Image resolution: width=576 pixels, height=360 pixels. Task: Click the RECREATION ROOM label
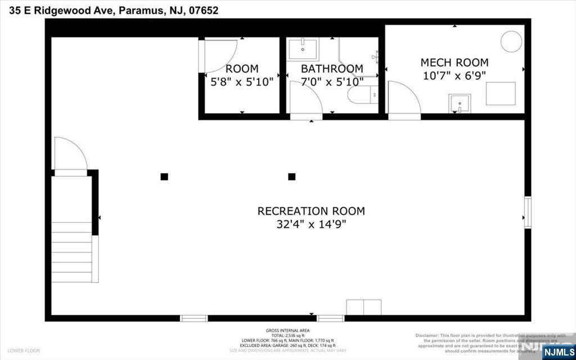[311, 211]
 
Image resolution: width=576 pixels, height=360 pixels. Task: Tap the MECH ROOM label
[454, 62]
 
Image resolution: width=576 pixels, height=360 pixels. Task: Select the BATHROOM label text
[332, 69]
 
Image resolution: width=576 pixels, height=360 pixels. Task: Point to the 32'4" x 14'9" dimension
[311, 224]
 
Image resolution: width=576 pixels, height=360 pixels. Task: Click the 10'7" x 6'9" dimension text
[454, 75]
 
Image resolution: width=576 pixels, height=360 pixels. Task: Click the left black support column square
[164, 177]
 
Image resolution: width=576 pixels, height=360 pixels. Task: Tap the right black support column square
[292, 177]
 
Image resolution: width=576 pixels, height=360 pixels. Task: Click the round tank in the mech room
[511, 41]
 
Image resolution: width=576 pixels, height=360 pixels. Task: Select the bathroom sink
[303, 49]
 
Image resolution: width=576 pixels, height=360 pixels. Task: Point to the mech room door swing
[403, 100]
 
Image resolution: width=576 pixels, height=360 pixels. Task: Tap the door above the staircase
[70, 155]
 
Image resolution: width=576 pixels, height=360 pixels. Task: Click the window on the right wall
[528, 212]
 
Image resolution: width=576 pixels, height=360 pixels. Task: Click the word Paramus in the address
[141, 10]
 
